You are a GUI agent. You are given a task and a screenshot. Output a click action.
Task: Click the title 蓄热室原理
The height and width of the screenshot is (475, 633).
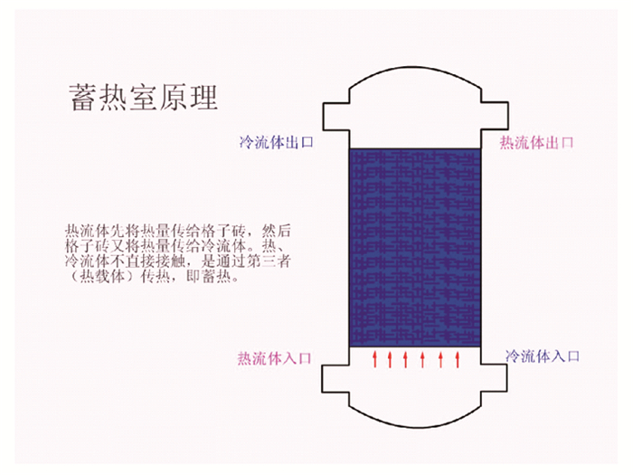pos(143,98)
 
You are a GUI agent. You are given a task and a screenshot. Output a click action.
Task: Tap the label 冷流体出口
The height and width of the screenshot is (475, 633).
pos(277,142)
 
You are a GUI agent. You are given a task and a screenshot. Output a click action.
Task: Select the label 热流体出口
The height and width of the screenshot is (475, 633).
pos(536,142)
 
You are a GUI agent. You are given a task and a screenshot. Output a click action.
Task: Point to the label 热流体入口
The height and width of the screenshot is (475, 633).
pos(274,358)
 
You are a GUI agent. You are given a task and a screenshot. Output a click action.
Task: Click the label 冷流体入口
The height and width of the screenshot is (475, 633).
pos(543,356)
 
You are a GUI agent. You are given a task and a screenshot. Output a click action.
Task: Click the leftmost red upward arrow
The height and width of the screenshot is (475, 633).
pos(374,359)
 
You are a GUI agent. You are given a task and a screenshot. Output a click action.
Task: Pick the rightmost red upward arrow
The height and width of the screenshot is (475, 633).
pos(458,359)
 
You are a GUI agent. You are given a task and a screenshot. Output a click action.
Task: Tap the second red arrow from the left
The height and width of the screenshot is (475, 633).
pos(390,359)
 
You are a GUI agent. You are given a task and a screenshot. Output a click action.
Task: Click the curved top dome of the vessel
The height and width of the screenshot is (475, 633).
pos(415,67)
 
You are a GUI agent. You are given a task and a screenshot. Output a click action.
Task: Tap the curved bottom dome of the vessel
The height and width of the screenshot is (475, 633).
pos(415,426)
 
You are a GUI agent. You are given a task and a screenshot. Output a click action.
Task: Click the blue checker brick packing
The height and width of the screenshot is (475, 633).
pos(415,248)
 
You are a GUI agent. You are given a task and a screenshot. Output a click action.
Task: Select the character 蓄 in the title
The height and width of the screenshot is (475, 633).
pos(82,98)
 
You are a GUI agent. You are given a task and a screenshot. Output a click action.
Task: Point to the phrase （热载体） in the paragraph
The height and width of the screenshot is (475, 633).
pos(102,276)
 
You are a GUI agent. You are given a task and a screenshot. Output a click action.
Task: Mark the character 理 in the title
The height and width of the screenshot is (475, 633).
pos(204,98)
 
